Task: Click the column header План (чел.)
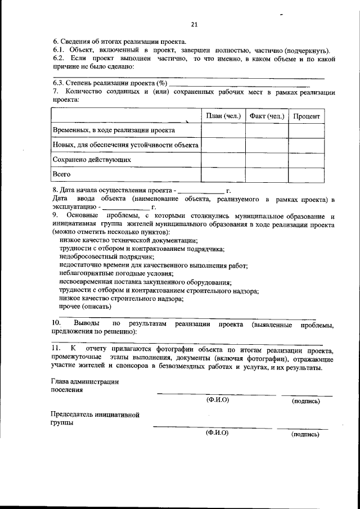click(223, 116)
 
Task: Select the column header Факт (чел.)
click(267, 116)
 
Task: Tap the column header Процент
click(307, 116)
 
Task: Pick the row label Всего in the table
click(61, 174)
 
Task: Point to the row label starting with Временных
click(113, 130)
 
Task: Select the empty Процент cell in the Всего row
click(307, 174)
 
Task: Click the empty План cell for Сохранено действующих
click(223, 160)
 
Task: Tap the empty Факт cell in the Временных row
click(267, 130)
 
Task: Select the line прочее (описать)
click(85, 307)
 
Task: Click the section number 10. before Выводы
click(56, 325)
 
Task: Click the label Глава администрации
click(84, 382)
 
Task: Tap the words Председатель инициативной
click(94, 415)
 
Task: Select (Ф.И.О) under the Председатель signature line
click(217, 433)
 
